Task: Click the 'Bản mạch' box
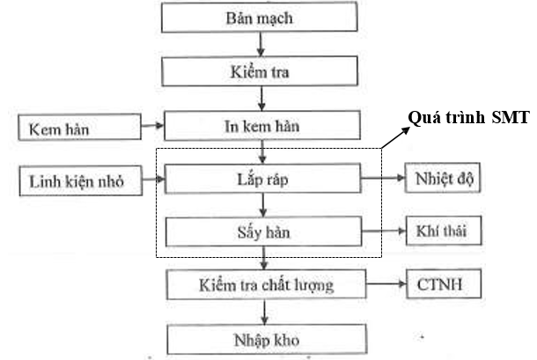(259, 17)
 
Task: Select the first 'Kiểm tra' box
(260, 71)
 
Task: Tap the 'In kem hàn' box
(262, 126)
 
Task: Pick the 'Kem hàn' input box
(80, 128)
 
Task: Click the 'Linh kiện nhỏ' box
(81, 180)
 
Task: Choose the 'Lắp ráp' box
(262, 179)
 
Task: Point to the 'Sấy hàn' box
(263, 231)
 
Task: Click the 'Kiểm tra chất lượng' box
(266, 284)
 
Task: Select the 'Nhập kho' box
(267, 340)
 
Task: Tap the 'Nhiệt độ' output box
(443, 178)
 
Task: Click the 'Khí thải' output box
(444, 231)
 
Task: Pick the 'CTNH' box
(444, 283)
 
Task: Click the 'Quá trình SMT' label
(469, 117)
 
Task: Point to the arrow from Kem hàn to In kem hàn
(153, 126)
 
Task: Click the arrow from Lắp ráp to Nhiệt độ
(383, 178)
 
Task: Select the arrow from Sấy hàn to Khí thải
(384, 231)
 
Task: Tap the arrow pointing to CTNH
(386, 283)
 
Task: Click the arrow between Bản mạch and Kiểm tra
(261, 45)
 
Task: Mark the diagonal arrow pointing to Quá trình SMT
(395, 137)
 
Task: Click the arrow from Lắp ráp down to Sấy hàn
(263, 205)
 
